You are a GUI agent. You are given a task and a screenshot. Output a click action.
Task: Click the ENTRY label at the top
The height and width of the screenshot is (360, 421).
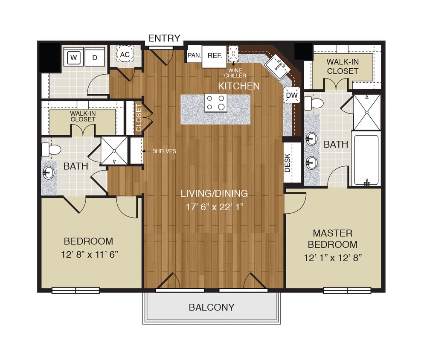(x=164, y=38)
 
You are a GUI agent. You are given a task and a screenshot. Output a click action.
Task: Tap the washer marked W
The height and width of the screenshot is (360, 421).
(x=74, y=57)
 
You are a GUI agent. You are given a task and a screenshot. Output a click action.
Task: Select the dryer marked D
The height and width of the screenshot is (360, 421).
(x=95, y=57)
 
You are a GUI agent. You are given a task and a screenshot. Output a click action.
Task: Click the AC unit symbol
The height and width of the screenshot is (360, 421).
(x=125, y=55)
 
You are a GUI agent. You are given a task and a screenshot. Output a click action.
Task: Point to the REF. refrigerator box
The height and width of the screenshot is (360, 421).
(x=214, y=55)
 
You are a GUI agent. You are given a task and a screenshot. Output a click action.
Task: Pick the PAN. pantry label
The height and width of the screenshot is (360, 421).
(x=194, y=55)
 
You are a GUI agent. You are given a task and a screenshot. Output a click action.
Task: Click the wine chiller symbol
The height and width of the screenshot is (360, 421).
(x=233, y=54)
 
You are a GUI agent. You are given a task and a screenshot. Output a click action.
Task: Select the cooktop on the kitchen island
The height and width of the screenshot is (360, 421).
(x=215, y=102)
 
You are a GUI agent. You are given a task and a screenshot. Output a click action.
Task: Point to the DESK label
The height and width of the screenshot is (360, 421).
(x=287, y=163)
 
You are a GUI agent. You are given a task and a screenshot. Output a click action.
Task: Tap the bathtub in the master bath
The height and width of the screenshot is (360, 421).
(x=366, y=160)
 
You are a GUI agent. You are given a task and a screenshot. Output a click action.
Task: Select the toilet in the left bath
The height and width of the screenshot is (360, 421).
(x=51, y=150)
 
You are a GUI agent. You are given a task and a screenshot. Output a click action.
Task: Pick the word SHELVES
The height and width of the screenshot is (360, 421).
(x=165, y=151)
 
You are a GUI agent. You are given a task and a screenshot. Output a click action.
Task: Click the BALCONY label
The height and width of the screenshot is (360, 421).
(x=212, y=307)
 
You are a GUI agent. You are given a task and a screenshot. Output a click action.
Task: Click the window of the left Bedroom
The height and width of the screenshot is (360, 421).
(x=76, y=290)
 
